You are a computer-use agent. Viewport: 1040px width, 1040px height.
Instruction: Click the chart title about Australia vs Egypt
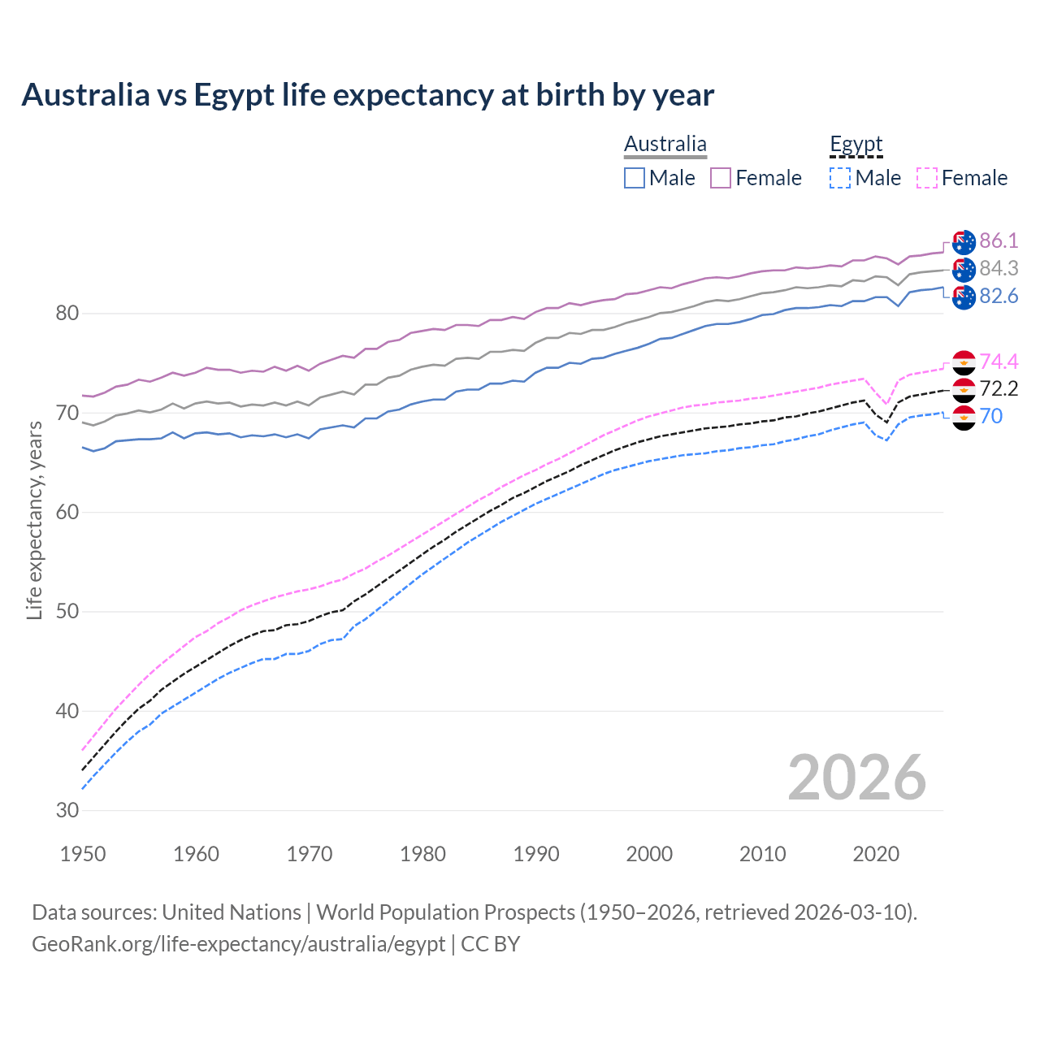click(367, 95)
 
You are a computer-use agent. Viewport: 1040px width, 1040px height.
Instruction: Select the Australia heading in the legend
click(665, 145)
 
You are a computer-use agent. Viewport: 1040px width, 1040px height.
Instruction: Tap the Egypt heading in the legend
click(856, 145)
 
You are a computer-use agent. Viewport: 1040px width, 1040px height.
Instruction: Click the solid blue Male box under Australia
click(635, 178)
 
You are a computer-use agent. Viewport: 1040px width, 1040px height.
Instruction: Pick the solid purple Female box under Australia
click(721, 178)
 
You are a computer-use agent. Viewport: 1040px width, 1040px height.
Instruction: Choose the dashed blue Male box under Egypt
click(840, 178)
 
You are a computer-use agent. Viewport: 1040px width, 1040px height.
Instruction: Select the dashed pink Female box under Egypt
click(927, 178)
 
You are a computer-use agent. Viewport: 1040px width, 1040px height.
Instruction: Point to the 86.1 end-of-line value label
click(999, 240)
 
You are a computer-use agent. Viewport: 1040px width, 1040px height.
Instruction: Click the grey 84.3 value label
click(999, 268)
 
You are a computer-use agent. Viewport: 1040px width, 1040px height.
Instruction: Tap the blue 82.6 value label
click(999, 296)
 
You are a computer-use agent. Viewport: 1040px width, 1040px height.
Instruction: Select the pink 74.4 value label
click(999, 362)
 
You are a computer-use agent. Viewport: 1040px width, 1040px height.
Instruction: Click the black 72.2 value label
click(999, 388)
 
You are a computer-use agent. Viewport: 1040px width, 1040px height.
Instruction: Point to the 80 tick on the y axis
click(67, 314)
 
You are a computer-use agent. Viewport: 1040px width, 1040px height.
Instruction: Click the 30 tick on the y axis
click(67, 811)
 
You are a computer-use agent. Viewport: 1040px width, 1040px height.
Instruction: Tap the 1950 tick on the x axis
click(83, 854)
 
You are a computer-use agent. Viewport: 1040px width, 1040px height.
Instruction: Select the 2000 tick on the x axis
click(649, 854)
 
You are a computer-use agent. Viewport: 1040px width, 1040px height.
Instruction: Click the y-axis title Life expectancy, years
click(34, 520)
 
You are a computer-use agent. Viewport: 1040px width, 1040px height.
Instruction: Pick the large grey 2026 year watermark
click(856, 778)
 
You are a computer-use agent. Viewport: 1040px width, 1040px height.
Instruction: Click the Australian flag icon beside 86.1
click(964, 241)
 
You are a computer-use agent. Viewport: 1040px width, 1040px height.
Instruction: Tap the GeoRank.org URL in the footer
click(238, 944)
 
